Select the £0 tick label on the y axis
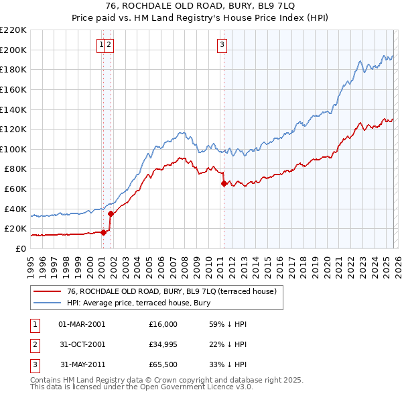[21, 248]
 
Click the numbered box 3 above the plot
[222, 45]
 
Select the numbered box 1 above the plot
[102, 45]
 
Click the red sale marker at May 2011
[224, 183]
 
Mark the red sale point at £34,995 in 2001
[111, 213]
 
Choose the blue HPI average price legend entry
[138, 303]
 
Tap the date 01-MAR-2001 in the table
[82, 324]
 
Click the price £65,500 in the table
[163, 364]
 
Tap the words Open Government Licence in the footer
[197, 387]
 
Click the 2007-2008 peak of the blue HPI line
[181, 132]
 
